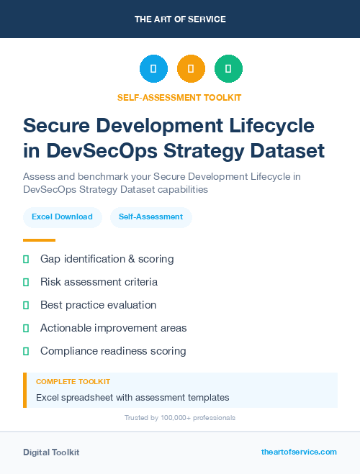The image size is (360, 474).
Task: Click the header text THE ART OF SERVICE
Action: [x=180, y=19]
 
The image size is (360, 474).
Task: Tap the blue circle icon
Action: [x=153, y=69]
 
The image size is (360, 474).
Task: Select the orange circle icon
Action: [x=191, y=69]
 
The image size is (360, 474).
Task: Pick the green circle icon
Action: [x=228, y=69]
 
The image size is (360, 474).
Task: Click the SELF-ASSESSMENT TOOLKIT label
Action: [x=180, y=97]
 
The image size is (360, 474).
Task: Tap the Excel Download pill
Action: [x=62, y=217]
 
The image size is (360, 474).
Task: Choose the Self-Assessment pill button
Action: [x=150, y=217]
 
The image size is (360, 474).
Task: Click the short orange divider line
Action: [x=39, y=240]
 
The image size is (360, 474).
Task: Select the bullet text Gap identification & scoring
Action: [x=107, y=258]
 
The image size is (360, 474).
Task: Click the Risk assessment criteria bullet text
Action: [x=99, y=281]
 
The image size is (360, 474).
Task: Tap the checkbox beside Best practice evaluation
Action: [x=26, y=305]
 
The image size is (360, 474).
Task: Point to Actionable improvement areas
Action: [x=113, y=328]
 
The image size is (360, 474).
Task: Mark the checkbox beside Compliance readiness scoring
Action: [x=26, y=351]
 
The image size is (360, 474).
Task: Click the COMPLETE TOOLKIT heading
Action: [x=73, y=381]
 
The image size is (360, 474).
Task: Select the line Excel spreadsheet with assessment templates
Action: [x=132, y=397]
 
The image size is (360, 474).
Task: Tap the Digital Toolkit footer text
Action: [x=51, y=452]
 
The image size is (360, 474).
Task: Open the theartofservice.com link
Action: [x=299, y=452]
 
